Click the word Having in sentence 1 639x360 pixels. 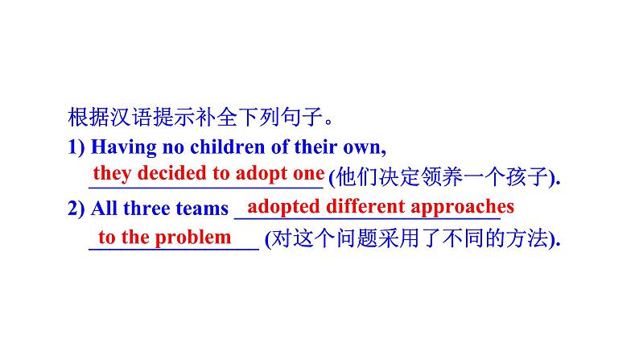coord(122,148)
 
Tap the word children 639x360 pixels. coord(220,148)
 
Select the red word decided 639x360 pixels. coord(165,173)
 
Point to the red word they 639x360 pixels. coord(111,173)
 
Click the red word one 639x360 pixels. coord(308,173)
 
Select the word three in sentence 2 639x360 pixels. coord(154,209)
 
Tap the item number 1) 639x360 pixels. coord(76,148)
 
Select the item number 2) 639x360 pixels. coord(76,209)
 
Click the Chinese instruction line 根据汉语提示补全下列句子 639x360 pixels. coord(200,119)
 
